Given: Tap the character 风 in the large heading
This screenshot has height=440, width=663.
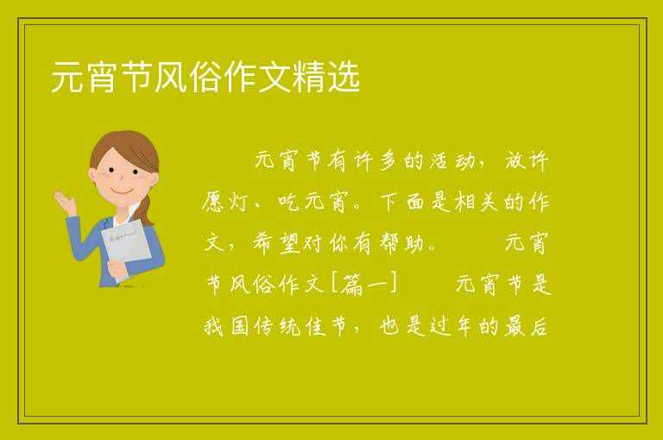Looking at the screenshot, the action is (171, 77).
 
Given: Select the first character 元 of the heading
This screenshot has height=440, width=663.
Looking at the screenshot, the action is (67, 77).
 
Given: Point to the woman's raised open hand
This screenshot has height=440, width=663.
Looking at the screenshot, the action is (65, 203).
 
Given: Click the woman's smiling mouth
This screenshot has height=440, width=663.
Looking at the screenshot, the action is (122, 191).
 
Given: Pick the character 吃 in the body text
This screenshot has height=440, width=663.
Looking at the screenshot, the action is (289, 202).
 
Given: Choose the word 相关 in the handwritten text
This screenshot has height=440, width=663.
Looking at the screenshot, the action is (476, 202).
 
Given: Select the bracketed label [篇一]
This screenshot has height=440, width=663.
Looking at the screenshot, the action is (364, 284).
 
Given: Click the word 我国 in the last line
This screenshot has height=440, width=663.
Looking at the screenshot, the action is (226, 326).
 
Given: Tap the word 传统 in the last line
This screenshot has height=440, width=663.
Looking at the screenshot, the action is (277, 326).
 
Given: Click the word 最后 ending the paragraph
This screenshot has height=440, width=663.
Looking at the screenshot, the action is (526, 326).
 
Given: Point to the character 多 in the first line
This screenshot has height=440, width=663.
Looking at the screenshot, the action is (388, 161).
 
